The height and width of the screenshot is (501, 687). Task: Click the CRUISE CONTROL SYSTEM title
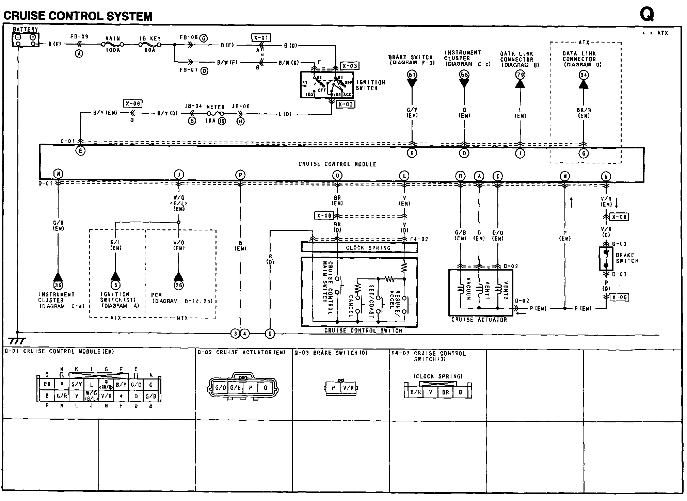coord(78,16)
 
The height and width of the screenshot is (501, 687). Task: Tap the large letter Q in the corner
coord(646,14)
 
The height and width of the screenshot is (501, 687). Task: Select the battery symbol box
coord(26,40)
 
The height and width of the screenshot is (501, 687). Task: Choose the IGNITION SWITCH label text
coord(370,85)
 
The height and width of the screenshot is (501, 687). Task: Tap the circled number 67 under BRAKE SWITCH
coord(412,75)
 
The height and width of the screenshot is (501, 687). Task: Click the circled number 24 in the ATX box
coord(584,75)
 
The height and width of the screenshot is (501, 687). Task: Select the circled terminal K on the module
coord(412,153)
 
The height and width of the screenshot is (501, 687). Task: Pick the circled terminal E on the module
coord(80,151)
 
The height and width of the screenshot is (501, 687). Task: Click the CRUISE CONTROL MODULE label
coord(337,164)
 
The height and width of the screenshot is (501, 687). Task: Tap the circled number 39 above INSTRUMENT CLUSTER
coord(58,285)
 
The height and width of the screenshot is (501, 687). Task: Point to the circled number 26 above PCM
coord(179,285)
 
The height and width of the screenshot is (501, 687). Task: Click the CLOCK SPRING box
coord(359,247)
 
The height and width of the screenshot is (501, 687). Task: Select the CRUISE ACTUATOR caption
coord(479,320)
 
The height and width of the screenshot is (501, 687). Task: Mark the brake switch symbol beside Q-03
coord(606,259)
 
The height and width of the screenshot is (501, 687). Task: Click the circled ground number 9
coord(270,334)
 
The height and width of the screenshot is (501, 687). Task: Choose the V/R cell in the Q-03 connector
coord(348,388)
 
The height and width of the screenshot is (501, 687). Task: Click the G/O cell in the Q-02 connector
coord(220,388)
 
